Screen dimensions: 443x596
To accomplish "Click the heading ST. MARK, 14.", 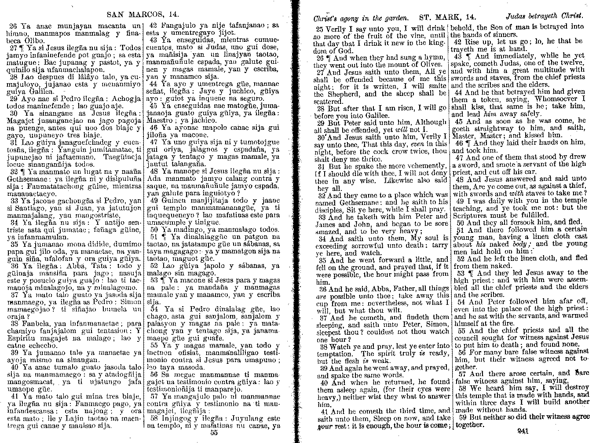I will [447, 18].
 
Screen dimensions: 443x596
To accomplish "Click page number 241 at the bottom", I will [523, 432].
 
